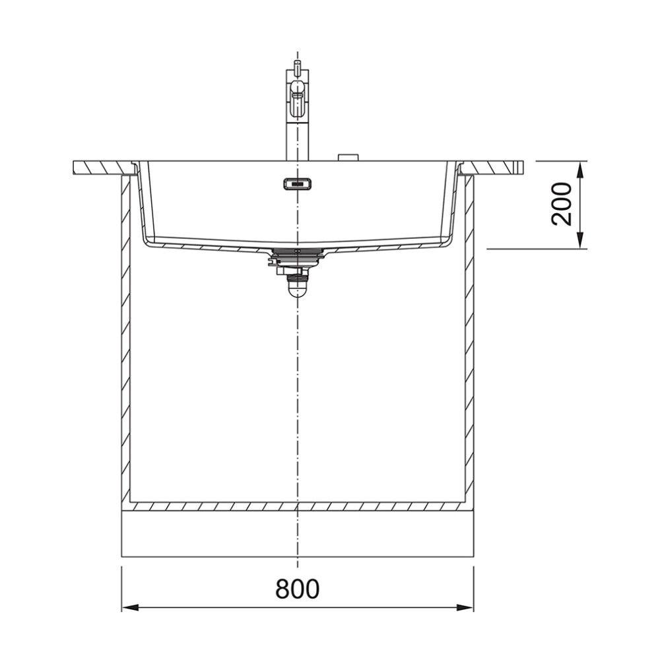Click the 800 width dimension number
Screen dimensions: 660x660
click(297, 589)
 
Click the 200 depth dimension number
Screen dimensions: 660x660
click(562, 204)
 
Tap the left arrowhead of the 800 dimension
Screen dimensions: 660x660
click(130, 607)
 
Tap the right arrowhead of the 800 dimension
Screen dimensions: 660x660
click(465, 607)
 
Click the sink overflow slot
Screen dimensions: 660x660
click(297, 184)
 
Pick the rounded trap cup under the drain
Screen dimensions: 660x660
click(297, 288)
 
